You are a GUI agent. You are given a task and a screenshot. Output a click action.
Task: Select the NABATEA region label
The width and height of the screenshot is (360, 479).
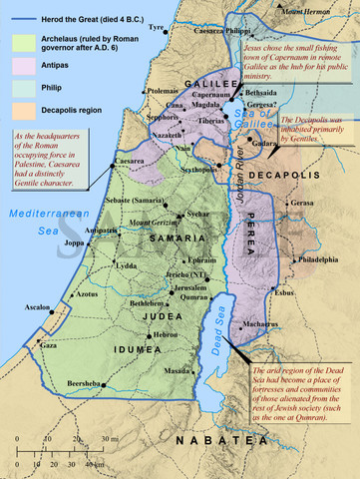[211, 439]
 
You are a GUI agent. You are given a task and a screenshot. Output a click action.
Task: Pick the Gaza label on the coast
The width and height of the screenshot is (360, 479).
[47, 344]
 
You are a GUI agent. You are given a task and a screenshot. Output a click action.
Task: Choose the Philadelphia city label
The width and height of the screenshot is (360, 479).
[318, 258]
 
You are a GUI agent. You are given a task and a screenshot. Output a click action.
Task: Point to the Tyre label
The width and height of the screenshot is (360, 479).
[155, 27]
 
